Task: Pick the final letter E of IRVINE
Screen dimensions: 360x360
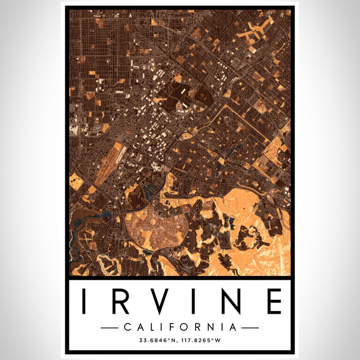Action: (274, 301)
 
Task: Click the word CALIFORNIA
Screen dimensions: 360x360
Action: (180, 327)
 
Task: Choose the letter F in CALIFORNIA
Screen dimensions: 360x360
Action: (174, 327)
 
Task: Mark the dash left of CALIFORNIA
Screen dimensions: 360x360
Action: (110, 327)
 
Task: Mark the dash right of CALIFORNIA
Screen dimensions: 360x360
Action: (250, 327)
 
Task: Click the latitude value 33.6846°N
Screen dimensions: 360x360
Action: (156, 340)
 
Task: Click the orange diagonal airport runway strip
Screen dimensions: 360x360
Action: (110, 164)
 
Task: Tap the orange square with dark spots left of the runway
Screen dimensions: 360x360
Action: (77, 181)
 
